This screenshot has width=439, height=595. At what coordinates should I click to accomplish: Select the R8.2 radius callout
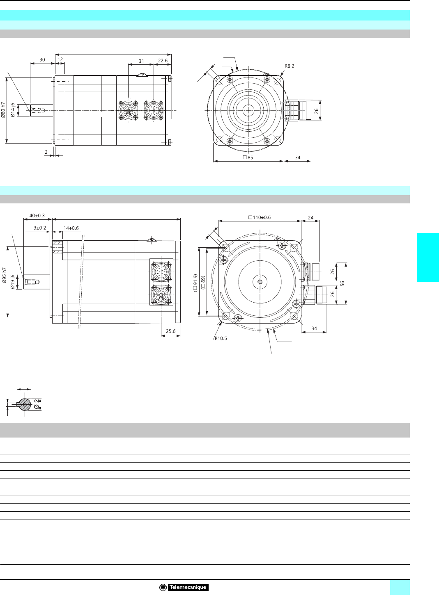click(x=290, y=66)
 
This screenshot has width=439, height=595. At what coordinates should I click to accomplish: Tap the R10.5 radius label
click(x=221, y=338)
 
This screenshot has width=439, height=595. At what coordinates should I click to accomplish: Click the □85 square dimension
click(x=248, y=157)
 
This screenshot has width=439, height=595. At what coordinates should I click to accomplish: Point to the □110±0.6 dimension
click(x=260, y=217)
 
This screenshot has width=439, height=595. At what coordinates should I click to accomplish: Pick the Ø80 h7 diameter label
click(x=3, y=110)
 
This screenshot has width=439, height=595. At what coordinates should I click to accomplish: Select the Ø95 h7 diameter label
click(x=4, y=275)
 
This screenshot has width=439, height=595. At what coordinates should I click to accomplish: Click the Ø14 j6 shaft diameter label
click(x=12, y=110)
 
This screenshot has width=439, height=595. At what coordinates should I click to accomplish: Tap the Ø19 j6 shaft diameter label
click(x=12, y=282)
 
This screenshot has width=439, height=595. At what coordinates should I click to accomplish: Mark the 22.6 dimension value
click(x=163, y=61)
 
